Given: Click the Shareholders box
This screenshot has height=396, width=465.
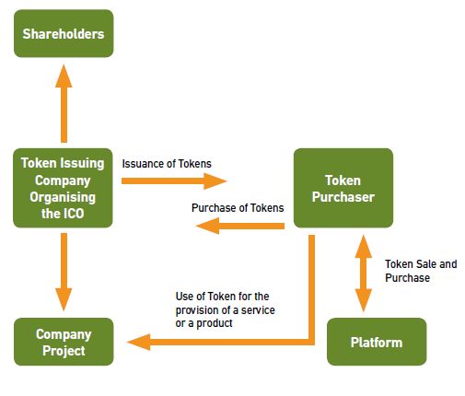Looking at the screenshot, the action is pyautogui.click(x=64, y=33).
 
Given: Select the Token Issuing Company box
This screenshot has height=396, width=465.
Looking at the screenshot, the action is pyautogui.click(x=63, y=188).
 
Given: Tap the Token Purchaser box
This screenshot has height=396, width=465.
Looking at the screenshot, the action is pyautogui.click(x=343, y=188).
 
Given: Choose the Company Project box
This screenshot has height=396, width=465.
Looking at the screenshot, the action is pyautogui.click(x=64, y=342).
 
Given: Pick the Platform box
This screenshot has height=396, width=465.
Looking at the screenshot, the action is pyautogui.click(x=377, y=342).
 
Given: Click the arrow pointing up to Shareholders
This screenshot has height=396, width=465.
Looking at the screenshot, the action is pyautogui.click(x=64, y=103).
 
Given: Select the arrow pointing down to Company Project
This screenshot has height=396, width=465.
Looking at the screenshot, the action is pyautogui.click(x=64, y=272).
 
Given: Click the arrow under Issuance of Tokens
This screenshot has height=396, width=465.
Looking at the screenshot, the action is pyautogui.click(x=174, y=181).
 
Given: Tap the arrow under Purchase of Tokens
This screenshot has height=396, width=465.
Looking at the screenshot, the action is pyautogui.click(x=240, y=226).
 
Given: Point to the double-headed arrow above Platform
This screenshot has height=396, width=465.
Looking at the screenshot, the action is pyautogui.click(x=364, y=274).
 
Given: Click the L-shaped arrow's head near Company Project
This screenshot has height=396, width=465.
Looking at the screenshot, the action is pyautogui.click(x=139, y=342).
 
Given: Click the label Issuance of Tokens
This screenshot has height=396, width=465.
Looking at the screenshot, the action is pyautogui.click(x=167, y=164).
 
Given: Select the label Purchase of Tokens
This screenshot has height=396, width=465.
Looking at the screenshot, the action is pyautogui.click(x=238, y=208).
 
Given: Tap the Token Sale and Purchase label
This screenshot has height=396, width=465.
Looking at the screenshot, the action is pyautogui.click(x=421, y=271).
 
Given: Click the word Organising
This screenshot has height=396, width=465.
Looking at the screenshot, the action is pyautogui.click(x=63, y=197).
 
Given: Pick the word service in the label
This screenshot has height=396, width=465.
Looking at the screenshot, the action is pyautogui.click(x=258, y=310).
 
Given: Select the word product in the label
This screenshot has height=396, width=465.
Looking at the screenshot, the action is pyautogui.click(x=215, y=323).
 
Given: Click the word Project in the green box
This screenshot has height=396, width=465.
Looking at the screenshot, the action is pyautogui.click(x=64, y=351).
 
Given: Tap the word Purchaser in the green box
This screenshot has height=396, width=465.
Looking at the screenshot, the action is pyautogui.click(x=343, y=197).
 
